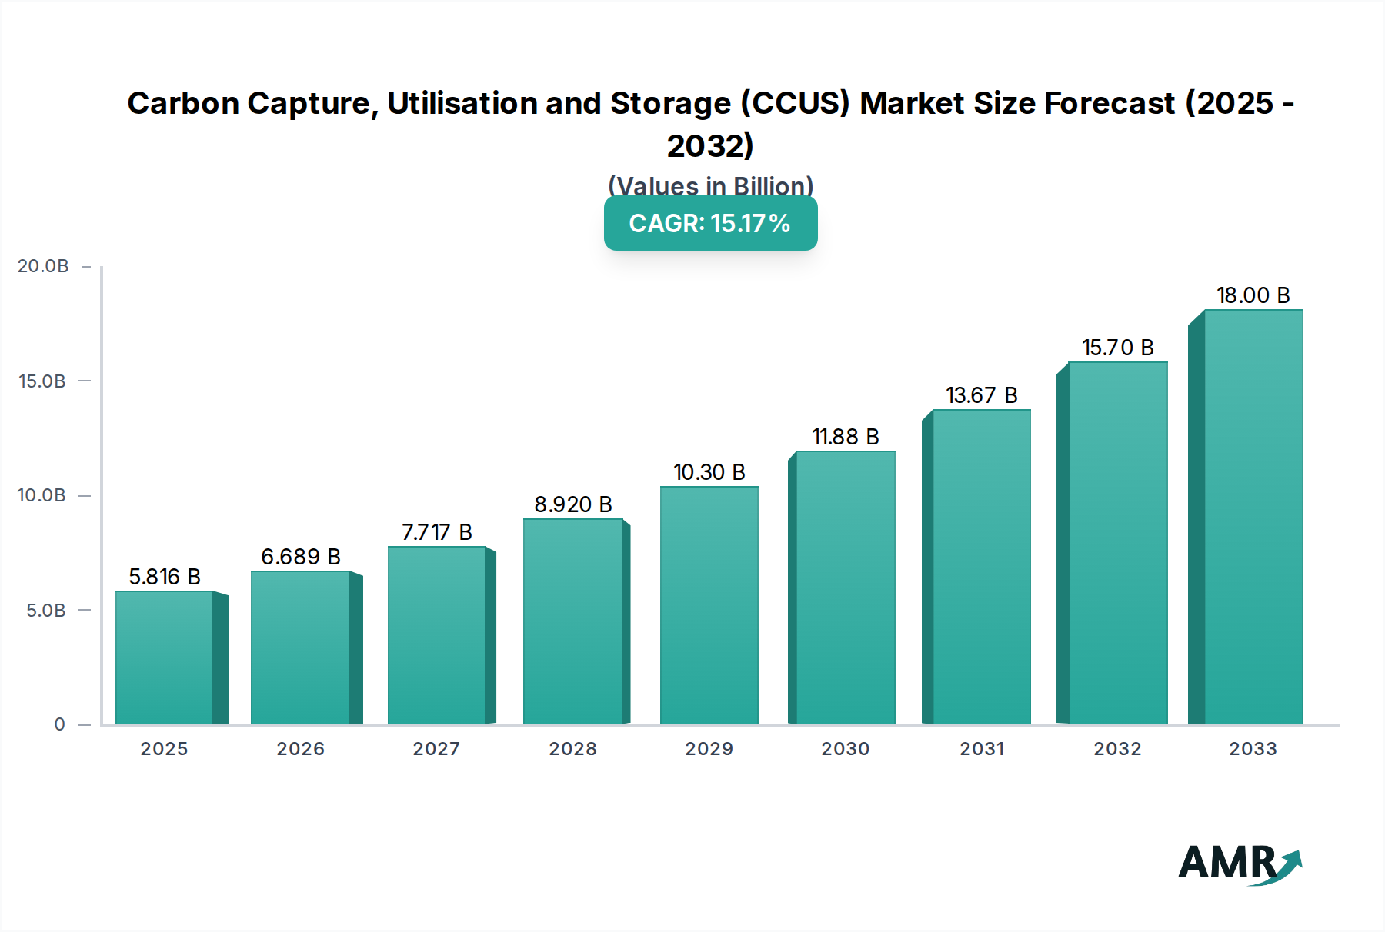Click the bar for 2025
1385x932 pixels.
pyautogui.click(x=165, y=657)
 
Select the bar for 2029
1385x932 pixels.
pyautogui.click(x=709, y=605)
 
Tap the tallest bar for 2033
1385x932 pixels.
pyautogui.click(x=1253, y=517)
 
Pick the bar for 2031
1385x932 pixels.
pyautogui.click(x=981, y=567)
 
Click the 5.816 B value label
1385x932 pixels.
pyautogui.click(x=165, y=577)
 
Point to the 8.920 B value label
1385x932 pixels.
pyautogui.click(x=573, y=504)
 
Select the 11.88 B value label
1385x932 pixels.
pyautogui.click(x=845, y=437)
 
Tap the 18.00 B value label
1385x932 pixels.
pyautogui.click(x=1253, y=295)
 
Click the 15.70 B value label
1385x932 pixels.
pyautogui.click(x=1117, y=348)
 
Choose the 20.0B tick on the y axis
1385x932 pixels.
pyautogui.click(x=43, y=266)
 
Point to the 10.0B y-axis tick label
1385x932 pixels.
pyautogui.click(x=42, y=495)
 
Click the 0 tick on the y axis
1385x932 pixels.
pyautogui.click(x=59, y=724)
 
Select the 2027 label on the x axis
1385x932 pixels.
pyautogui.click(x=436, y=749)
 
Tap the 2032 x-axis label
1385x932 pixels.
pyautogui.click(x=1117, y=749)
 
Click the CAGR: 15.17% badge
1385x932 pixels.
pyautogui.click(x=710, y=223)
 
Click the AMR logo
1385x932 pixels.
pyautogui.click(x=1239, y=864)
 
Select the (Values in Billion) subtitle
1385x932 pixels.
pyautogui.click(x=710, y=185)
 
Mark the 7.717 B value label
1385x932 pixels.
pyautogui.click(x=436, y=532)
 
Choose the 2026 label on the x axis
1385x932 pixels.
pyautogui.click(x=300, y=749)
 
